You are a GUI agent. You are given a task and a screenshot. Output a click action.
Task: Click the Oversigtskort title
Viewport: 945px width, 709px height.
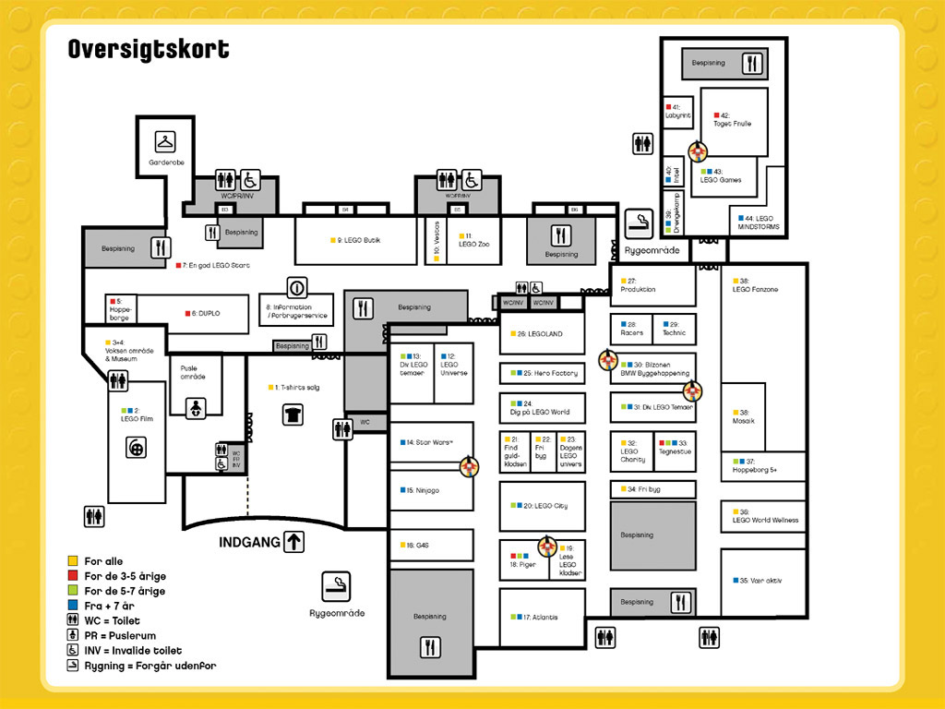point(149,49)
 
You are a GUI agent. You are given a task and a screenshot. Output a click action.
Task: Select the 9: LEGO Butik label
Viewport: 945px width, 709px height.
point(356,241)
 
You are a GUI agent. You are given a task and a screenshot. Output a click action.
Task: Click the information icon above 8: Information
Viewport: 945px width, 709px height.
point(296,286)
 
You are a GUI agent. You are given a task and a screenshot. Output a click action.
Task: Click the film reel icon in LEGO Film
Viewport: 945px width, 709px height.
point(137,448)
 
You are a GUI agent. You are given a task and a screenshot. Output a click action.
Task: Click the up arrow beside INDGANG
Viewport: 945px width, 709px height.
point(293,542)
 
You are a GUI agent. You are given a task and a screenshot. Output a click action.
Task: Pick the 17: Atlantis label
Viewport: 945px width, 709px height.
point(538,617)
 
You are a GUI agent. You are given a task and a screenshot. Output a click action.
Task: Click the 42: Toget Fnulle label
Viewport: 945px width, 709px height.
point(732,119)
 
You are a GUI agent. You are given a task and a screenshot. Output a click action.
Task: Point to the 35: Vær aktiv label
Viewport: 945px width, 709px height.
point(760,581)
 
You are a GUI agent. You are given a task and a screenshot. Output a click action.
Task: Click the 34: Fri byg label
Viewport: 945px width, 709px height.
point(648,489)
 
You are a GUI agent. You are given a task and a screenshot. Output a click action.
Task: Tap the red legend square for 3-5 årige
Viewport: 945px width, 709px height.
point(72,576)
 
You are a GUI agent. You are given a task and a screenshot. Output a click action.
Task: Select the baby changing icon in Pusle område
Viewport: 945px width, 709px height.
point(196,408)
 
